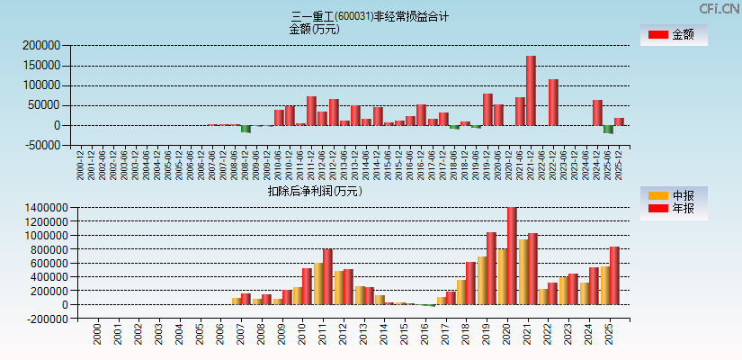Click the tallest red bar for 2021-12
pyautogui.click(x=531, y=91)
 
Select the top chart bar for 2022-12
pyautogui.click(x=553, y=103)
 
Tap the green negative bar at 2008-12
pyautogui.click(x=246, y=129)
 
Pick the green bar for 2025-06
pyautogui.click(x=608, y=130)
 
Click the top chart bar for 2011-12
pyautogui.click(x=311, y=111)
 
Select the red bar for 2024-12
pyautogui.click(x=597, y=112)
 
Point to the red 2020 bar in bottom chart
pyautogui.click(x=512, y=256)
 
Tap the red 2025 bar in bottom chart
pyautogui.click(x=614, y=275)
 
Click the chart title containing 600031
pyautogui.click(x=371, y=16)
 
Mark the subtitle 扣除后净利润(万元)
pyautogui.click(x=315, y=191)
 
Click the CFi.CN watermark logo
pyautogui.click(x=719, y=9)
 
